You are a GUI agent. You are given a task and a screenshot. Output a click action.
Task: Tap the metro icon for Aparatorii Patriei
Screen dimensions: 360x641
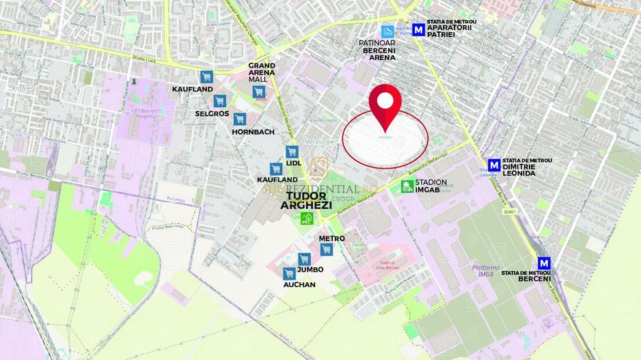pos(409,30)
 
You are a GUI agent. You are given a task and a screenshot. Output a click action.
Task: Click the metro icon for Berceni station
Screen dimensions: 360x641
pos(544,263)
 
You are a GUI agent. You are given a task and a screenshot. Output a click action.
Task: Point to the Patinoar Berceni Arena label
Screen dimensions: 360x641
pos(378,50)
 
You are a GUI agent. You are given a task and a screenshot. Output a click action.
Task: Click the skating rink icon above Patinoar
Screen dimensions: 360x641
pos(387,31)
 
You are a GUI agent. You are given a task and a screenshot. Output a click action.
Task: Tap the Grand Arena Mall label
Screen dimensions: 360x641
pos(262,72)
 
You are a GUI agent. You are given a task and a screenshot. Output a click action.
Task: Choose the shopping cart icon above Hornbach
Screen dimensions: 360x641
pos(239,119)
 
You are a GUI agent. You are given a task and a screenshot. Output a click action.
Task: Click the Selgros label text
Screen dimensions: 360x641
pos(212,113)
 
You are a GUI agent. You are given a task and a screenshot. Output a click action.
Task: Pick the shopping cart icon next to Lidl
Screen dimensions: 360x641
pos(292,152)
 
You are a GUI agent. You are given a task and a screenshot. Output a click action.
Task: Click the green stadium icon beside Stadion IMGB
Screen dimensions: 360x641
pos(407,186)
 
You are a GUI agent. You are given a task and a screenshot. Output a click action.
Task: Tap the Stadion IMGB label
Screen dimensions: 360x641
pos(431,186)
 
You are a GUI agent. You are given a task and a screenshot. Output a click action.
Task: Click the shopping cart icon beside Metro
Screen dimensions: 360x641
pos(326,249)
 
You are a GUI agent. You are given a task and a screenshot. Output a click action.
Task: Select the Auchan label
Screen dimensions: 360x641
pos(299,285)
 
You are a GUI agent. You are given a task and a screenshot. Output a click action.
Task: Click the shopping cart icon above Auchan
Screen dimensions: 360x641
pos(289,273)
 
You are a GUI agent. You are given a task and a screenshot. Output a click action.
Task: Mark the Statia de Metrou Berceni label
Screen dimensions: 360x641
pos(526,276)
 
